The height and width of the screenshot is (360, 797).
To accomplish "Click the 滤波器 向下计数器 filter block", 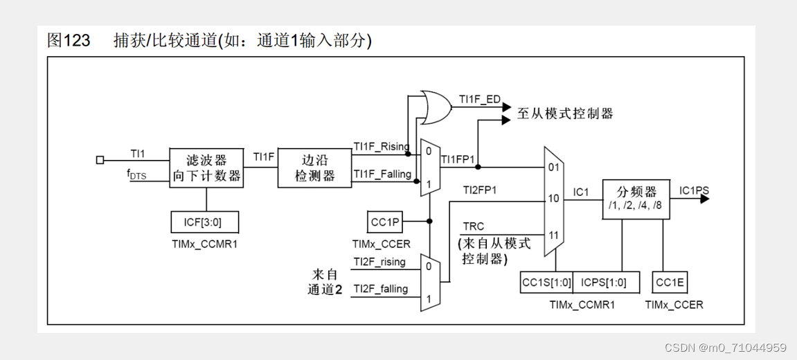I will (207, 167).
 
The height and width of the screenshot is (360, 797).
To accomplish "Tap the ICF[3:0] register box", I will (206, 222).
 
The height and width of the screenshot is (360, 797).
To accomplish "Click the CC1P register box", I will (386, 222).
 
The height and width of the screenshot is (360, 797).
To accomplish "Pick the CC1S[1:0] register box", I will (546, 282).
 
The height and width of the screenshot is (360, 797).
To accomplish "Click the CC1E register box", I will (670, 282).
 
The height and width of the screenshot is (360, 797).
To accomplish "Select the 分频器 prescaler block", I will (636, 199).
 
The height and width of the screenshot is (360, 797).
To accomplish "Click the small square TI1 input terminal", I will (100, 160).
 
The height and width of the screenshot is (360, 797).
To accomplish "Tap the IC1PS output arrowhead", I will (704, 199).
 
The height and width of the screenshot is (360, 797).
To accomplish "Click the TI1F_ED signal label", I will (479, 99).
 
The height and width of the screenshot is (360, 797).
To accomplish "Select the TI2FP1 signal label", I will (480, 189).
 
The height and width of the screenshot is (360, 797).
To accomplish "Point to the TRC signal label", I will (474, 226).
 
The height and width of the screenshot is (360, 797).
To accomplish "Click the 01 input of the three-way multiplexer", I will (554, 167).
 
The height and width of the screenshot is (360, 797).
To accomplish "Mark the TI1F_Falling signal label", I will (382, 174).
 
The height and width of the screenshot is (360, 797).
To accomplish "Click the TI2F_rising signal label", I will (380, 261).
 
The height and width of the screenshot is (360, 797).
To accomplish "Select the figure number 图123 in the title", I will (69, 41).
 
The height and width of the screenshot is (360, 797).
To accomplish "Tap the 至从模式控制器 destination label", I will (565, 114).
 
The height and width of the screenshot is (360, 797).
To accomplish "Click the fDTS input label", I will (136, 175).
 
